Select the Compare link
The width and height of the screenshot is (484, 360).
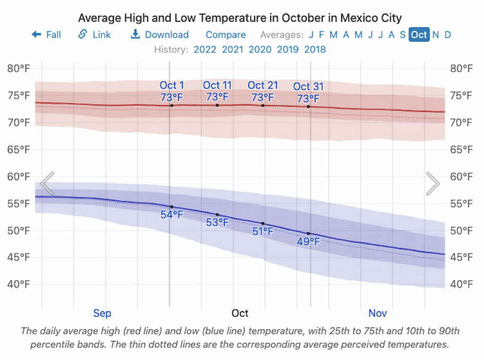(225, 34)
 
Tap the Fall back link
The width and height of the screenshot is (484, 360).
(46, 34)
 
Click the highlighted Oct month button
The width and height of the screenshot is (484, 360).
(419, 34)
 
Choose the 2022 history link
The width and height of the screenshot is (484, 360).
(205, 50)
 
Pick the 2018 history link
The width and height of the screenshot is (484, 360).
(315, 50)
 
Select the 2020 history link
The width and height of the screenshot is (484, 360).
(260, 50)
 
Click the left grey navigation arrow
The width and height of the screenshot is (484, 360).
(47, 183)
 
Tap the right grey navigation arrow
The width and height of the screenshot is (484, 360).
(433, 183)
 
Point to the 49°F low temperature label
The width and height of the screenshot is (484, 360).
(308, 242)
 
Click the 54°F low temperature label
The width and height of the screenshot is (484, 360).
(172, 215)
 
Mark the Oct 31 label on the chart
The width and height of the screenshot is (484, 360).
(308, 86)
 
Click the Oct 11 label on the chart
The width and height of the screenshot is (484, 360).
(217, 85)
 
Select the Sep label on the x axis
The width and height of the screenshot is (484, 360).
(102, 313)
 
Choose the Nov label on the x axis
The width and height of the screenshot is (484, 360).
(378, 313)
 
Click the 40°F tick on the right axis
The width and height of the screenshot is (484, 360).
(461, 284)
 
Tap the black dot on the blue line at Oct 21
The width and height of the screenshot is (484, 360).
(263, 223)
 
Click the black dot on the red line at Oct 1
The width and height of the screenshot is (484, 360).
(172, 105)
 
